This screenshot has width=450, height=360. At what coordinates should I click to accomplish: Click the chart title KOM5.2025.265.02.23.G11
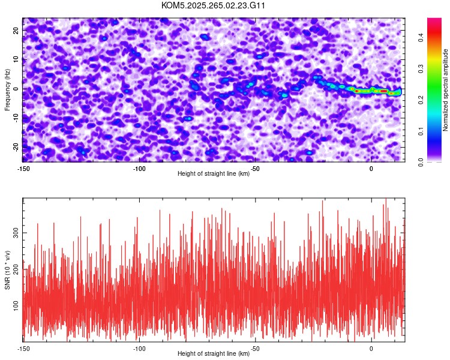213,5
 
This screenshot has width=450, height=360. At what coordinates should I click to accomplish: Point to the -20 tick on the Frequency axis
16,147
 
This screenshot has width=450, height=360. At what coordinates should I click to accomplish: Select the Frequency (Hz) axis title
7,89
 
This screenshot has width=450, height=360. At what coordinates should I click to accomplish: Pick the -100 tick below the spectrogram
140,169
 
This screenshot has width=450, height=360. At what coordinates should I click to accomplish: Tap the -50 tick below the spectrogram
256,169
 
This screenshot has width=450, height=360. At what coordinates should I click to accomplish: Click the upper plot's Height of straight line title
214,174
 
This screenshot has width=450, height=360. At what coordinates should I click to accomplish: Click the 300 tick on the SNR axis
14,232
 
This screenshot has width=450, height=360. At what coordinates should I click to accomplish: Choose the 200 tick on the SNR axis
14,270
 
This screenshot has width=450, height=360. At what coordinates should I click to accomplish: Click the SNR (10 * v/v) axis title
7,270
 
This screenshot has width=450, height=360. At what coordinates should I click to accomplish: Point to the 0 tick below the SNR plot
371,349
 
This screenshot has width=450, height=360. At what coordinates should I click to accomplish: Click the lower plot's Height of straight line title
214,354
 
